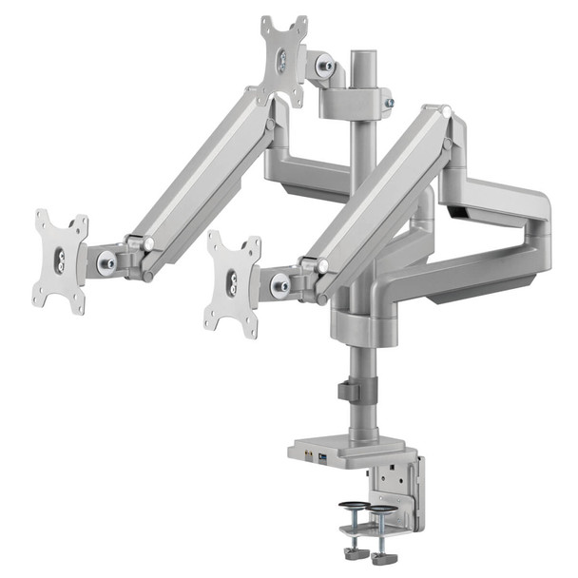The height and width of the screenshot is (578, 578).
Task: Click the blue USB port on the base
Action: pyautogui.click(x=322, y=460)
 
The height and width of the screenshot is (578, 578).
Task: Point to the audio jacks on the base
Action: pyautogui.click(x=308, y=458)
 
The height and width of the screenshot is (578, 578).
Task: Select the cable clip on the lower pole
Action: pyautogui.click(x=348, y=391)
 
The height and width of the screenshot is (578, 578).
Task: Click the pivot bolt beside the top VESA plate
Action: pyautogui.click(x=325, y=66)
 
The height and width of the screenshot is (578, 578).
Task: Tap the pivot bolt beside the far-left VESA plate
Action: pyautogui.click(x=107, y=260)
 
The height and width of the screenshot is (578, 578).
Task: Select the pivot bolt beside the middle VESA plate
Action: pyautogui.click(x=280, y=284)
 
